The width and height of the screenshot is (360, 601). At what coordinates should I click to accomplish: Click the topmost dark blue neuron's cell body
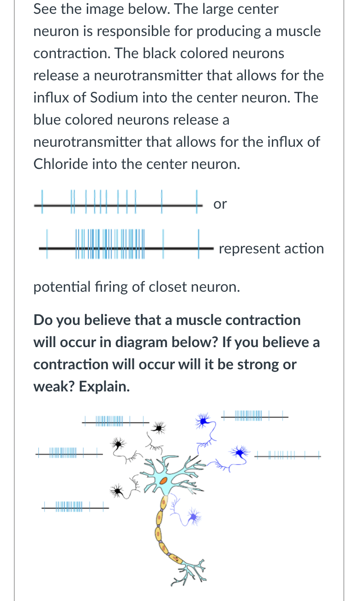click(x=202, y=420)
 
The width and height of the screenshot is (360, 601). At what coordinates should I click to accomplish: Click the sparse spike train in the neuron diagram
click(x=288, y=457)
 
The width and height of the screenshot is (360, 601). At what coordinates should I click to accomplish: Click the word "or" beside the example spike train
click(x=220, y=204)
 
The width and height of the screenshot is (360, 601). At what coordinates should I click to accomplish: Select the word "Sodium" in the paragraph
click(x=114, y=97)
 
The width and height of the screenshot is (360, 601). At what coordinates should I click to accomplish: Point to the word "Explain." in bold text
click(x=104, y=386)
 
